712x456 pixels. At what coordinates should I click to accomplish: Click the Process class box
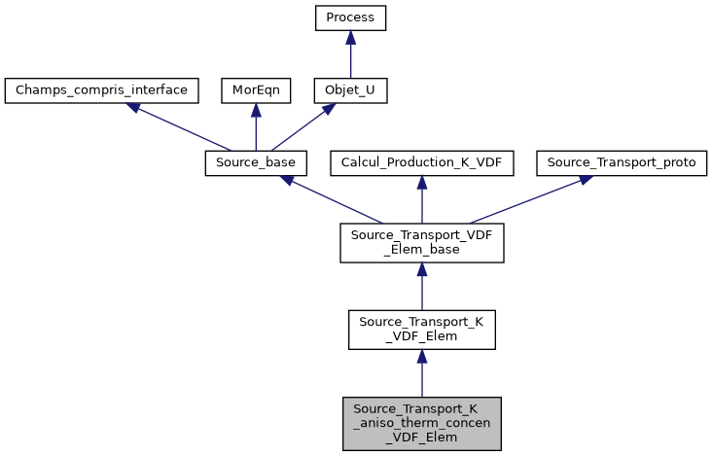pyautogui.click(x=350, y=18)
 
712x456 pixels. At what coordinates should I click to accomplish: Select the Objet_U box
pyautogui.click(x=350, y=91)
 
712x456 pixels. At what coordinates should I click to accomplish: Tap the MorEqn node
pyautogui.click(x=255, y=91)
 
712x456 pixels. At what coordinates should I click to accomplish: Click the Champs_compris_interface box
pyautogui.click(x=102, y=91)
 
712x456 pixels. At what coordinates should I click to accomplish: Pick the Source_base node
pyautogui.click(x=256, y=163)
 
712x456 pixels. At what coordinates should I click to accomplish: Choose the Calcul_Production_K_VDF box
pyautogui.click(x=421, y=163)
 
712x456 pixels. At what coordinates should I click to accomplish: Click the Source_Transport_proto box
pyautogui.click(x=621, y=163)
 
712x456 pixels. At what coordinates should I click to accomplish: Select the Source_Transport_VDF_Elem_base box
pyautogui.click(x=421, y=242)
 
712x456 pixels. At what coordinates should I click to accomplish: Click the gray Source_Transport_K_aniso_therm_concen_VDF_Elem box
pyautogui.click(x=421, y=423)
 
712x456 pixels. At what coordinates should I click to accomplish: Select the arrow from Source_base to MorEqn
pyautogui.click(x=255, y=127)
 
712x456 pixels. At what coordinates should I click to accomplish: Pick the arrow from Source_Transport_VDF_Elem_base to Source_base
pyautogui.click(x=331, y=199)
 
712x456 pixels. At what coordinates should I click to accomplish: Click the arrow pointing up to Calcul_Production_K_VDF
pyautogui.click(x=421, y=199)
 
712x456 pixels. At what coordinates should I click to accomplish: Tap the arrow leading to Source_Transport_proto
pyautogui.click(x=525, y=199)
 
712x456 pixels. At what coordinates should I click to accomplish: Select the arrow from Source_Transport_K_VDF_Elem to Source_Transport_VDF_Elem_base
pyautogui.click(x=421, y=287)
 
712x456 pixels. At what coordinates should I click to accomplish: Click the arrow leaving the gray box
pyautogui.click(x=421, y=374)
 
